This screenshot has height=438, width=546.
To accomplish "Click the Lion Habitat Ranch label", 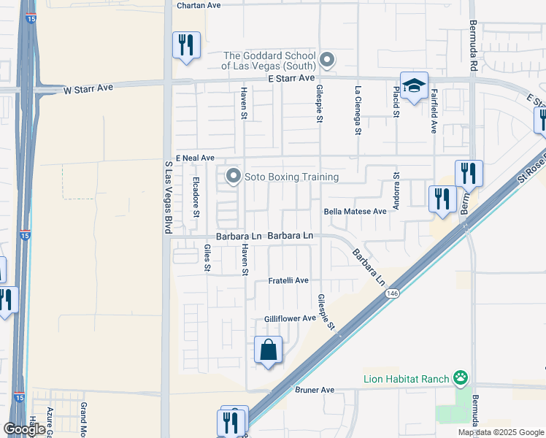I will click(x=406, y=378).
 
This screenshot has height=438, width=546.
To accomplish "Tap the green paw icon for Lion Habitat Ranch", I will click(x=461, y=378).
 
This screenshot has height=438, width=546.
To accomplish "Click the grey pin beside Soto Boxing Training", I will click(x=234, y=177).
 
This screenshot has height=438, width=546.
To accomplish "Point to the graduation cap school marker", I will click(x=414, y=86).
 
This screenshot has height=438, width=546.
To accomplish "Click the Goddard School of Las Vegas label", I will click(x=269, y=61).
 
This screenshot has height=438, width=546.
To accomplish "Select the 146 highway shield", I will click(x=393, y=293).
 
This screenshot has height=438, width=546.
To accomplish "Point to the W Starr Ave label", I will click(x=88, y=88).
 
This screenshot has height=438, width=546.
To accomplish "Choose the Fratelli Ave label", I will click(x=288, y=280).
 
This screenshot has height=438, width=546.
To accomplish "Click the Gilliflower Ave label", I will click(x=290, y=318).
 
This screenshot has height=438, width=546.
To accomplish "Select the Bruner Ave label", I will click(x=315, y=390).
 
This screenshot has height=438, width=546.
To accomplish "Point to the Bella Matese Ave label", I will click(x=355, y=212).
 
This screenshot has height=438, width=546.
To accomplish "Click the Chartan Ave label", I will click(x=199, y=5).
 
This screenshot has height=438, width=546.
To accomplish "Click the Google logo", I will click(x=25, y=429).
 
